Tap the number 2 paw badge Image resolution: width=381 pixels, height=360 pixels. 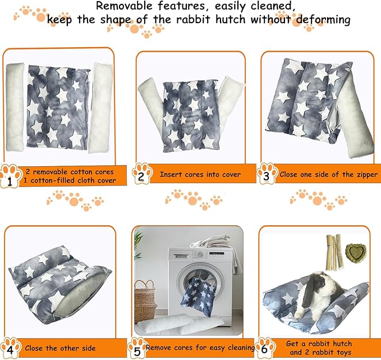click(x=141, y=175)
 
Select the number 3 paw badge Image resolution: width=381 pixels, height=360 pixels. click(x=266, y=175)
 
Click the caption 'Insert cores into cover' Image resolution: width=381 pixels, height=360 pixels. click(x=200, y=175)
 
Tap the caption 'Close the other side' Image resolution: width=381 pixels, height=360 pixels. click(x=60, y=348)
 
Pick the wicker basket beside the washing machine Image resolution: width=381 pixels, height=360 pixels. click(x=145, y=300)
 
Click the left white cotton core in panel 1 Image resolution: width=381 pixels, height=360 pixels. click(x=15, y=107)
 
